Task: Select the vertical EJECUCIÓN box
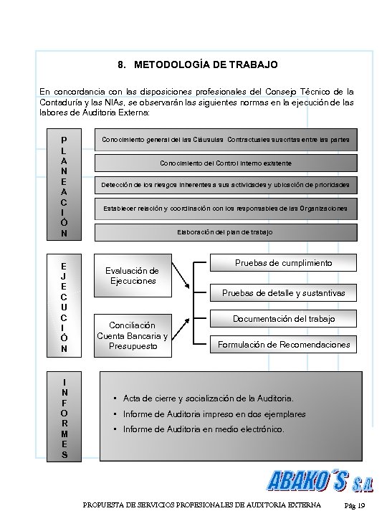[64, 304]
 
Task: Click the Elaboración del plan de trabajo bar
[225, 232]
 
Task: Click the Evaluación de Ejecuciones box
[132, 276]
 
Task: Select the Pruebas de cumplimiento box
[283, 264]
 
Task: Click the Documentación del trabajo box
[283, 318]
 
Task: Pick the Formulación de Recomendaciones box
[283, 345]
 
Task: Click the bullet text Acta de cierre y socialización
[209, 398]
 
